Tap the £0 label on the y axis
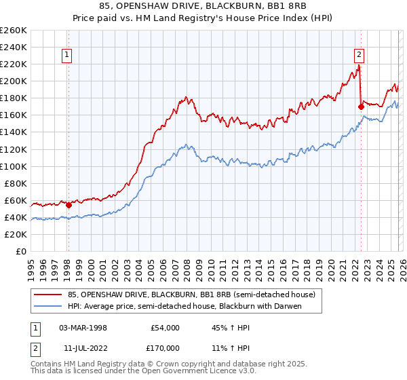pos(20,251)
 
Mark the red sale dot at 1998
pos(69,205)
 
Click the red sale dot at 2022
pos(361,107)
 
